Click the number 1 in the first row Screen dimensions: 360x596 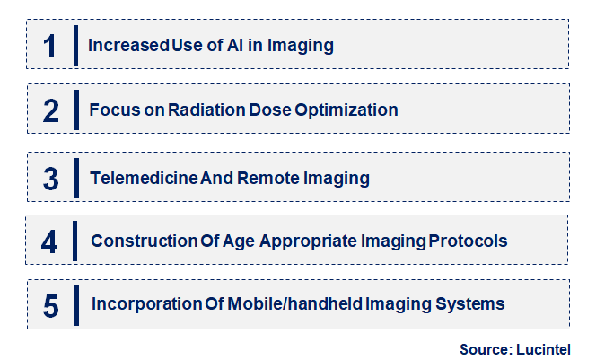click(49, 45)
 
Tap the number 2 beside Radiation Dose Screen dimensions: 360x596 click(50, 110)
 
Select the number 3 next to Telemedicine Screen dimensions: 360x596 click(50, 179)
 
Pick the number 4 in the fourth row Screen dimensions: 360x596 click(50, 241)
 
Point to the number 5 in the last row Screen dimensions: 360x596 click(50, 305)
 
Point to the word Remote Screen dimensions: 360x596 click(266, 178)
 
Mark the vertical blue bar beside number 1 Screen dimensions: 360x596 click(75, 44)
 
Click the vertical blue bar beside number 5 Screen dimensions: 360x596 click(75, 305)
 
